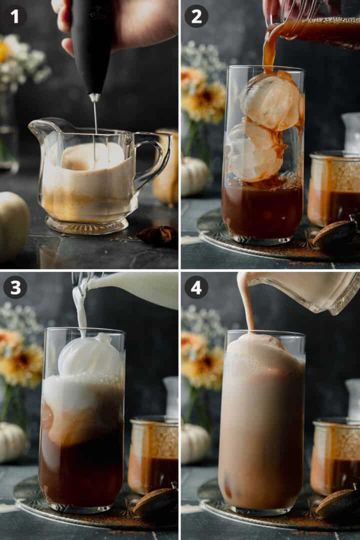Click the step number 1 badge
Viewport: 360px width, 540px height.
coord(15,16)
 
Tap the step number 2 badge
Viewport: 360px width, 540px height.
coord(196,16)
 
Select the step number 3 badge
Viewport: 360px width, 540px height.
coord(15,287)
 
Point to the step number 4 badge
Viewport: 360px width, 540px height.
coord(196,287)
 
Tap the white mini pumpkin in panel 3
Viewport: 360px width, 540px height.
coord(11,442)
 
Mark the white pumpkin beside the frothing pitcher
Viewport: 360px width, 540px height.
coord(12,225)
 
